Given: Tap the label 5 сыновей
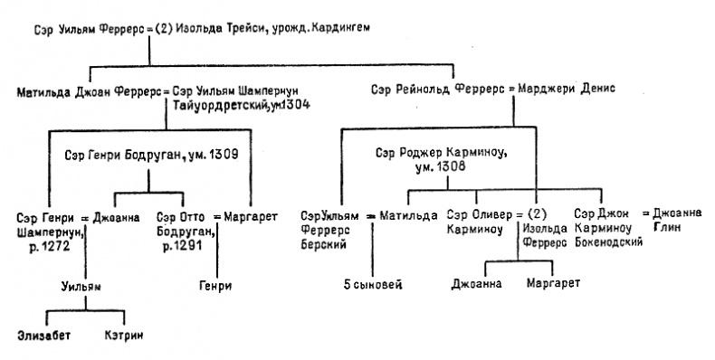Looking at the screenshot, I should pyautogui.click(x=373, y=286).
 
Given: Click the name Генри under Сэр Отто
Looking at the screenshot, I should pyautogui.click(x=214, y=286).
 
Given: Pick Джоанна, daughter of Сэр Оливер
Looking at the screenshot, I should pyautogui.click(x=475, y=286).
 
